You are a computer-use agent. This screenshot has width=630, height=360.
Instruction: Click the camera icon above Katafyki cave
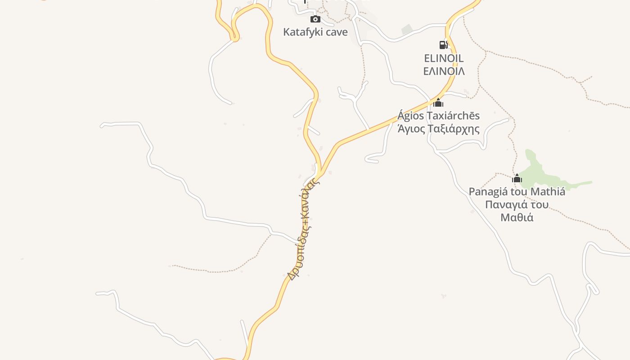315,19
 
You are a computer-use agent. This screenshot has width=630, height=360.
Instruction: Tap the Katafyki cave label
315,32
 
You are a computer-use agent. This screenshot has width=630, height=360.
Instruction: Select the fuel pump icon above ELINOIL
443,45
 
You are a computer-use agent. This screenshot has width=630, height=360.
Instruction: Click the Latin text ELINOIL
444,58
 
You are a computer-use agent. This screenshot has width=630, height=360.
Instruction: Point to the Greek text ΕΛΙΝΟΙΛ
444,71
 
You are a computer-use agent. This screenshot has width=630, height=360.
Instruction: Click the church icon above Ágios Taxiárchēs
438,103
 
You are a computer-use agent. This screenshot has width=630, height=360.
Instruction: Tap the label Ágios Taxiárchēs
438,116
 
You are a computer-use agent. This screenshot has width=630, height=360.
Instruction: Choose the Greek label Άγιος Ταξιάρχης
438,129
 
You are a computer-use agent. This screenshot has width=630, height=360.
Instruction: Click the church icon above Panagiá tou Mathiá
517,178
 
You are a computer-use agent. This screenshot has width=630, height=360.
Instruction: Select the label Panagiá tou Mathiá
517,192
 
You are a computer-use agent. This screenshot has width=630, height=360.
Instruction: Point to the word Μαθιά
517,217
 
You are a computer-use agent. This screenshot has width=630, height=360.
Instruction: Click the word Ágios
410,116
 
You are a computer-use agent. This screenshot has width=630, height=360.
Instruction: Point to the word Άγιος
410,129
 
